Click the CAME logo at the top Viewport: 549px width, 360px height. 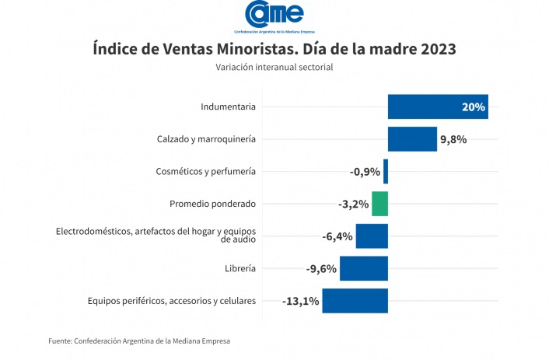(x=274, y=15)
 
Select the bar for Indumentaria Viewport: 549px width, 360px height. (x=438, y=107)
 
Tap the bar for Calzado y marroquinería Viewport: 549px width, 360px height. (x=412, y=139)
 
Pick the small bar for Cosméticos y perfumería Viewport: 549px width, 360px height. (x=386, y=171)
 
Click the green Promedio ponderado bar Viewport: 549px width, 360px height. (x=379, y=204)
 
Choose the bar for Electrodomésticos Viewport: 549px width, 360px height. (x=372, y=236)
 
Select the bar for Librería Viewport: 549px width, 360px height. (x=363, y=268)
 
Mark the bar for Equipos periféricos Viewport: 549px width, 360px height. (x=355, y=301)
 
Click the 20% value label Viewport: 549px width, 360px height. (x=473, y=107)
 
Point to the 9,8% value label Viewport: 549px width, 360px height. (x=453, y=140)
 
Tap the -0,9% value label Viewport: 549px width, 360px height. (x=365, y=172)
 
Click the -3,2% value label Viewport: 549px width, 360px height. (x=354, y=204)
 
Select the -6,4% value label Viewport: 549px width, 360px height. (x=337, y=236)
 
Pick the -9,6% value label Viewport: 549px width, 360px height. (x=321, y=269)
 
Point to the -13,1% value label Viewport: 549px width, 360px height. (x=301, y=302)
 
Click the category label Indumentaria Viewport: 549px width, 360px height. (x=228, y=107)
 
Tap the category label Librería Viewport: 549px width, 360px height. (x=240, y=268)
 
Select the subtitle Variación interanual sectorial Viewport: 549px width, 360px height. (x=274, y=68)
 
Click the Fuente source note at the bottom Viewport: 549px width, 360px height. (x=139, y=341)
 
